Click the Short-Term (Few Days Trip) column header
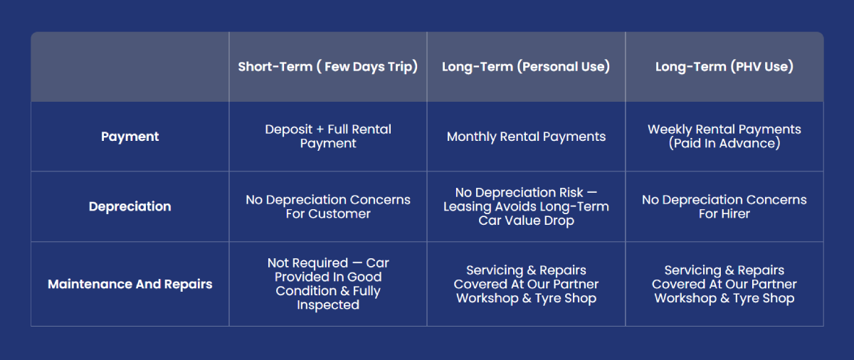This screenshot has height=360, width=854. [328, 67]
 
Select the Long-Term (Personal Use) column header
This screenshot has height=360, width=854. [526, 67]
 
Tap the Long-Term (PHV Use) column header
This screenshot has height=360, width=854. [724, 67]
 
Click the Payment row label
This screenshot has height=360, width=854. [130, 137]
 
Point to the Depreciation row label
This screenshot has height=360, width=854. [130, 206]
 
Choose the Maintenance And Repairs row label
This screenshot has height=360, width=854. [130, 284]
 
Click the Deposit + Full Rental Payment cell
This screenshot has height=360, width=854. [328, 137]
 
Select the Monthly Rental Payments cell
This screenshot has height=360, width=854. [526, 137]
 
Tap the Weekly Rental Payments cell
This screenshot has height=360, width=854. [724, 137]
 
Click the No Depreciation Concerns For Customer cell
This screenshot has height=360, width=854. [328, 206]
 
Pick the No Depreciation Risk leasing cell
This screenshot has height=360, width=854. [526, 206]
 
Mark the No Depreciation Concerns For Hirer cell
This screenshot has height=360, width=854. [724, 206]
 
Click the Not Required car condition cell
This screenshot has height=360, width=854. [328, 284]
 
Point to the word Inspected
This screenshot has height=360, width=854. [328, 305]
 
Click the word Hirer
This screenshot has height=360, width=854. [734, 213]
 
